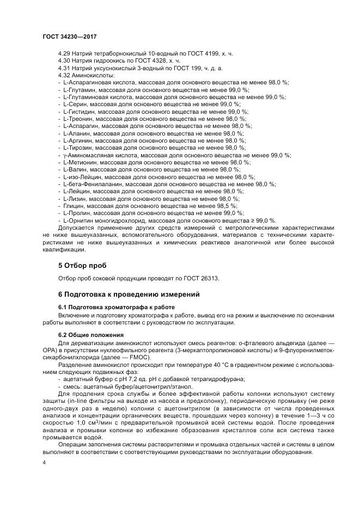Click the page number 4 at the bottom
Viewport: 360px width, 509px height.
[44, 462]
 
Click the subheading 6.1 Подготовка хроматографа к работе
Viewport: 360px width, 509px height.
[108, 307]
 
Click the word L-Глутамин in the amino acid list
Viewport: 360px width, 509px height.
[78, 89]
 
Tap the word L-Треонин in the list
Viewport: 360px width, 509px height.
[77, 118]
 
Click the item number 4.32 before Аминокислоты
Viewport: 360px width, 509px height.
[64, 74]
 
